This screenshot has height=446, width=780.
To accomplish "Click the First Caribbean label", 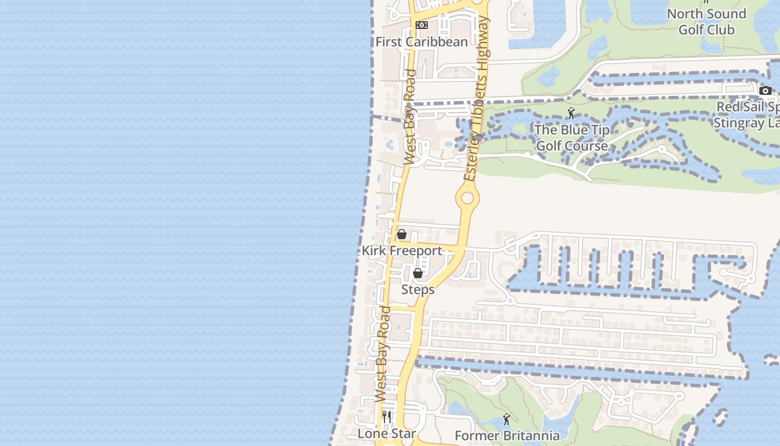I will pos(421,42).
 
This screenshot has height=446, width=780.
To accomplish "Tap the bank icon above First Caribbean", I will pos(422,25).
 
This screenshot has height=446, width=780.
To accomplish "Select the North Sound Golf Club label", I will pos(706,22).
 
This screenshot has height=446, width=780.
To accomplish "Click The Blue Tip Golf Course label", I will pos(572,138).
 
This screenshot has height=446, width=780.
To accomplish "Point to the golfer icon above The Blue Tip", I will pos(571,114).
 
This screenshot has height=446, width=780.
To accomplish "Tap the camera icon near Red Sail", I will pos(765,90).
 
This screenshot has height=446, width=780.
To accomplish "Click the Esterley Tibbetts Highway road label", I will pos(477,99).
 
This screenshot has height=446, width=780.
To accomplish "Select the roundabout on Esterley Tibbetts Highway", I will pos(467,198).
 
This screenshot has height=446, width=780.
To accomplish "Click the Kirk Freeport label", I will pos(402,251).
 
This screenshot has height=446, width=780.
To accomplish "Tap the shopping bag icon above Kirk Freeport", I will pos(401,234).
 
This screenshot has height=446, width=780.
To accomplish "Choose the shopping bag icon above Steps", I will pos(418,273).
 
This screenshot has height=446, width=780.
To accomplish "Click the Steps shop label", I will pos(418,290).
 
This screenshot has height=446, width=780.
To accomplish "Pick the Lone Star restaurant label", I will pos(387,434).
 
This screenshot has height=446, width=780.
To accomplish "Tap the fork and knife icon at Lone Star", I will pos(387,416).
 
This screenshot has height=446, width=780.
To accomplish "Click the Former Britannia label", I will pos(507,435).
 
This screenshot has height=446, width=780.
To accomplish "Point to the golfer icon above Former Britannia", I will pos(506,419).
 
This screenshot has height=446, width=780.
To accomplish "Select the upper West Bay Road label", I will pos(409,117).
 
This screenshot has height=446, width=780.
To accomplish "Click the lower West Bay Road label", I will pos(382,354).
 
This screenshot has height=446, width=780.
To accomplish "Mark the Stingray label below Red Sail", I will pos(747,123).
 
